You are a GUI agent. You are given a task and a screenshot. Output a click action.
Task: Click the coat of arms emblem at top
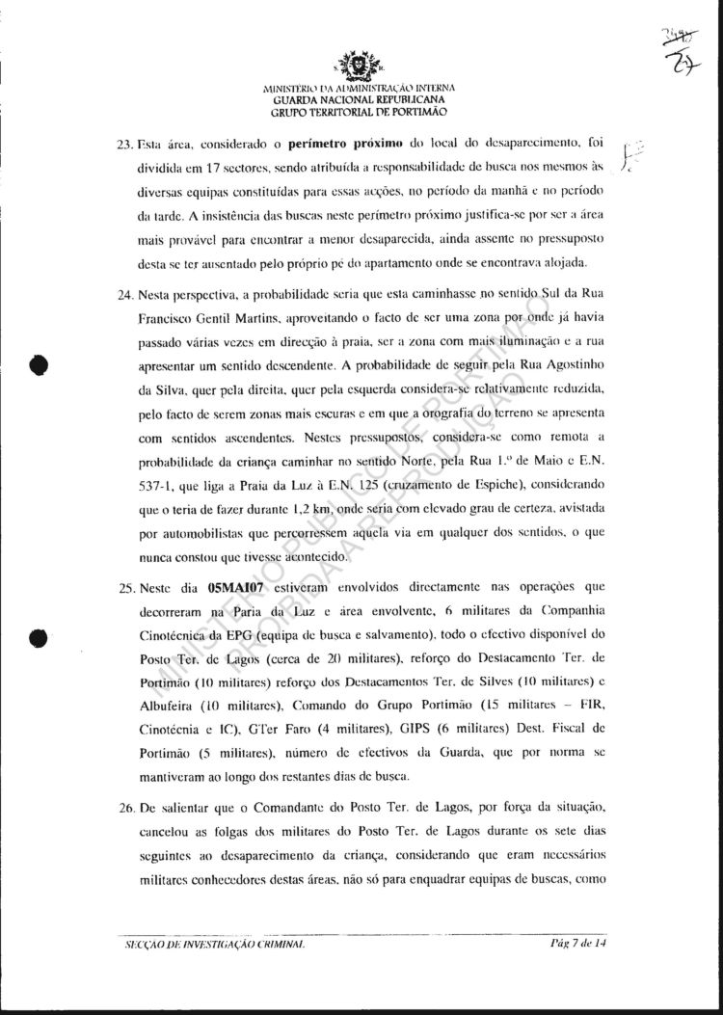coord(359,68)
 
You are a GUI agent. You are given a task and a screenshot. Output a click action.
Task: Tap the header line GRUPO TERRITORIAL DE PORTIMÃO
coord(359,112)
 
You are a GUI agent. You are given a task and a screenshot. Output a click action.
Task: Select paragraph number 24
coord(124,291)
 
